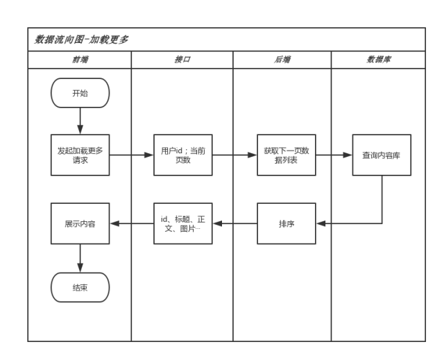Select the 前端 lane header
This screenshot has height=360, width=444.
click(80, 60)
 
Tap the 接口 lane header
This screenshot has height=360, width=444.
click(182, 60)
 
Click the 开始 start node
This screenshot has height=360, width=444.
click(80, 94)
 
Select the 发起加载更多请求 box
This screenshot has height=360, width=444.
click(80, 154)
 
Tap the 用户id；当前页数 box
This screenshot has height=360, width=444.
click(182, 154)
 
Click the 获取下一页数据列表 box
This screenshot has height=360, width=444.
click(286, 154)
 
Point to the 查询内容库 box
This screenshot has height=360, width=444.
click(382, 154)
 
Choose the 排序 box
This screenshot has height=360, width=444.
click(286, 223)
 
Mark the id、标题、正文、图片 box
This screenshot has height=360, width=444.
click(182, 223)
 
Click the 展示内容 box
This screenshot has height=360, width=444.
click(80, 223)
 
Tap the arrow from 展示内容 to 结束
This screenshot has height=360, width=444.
click(80, 256)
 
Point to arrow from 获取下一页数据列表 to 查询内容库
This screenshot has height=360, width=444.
click(334, 154)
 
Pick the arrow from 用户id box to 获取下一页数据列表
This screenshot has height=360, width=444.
click(234, 154)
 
